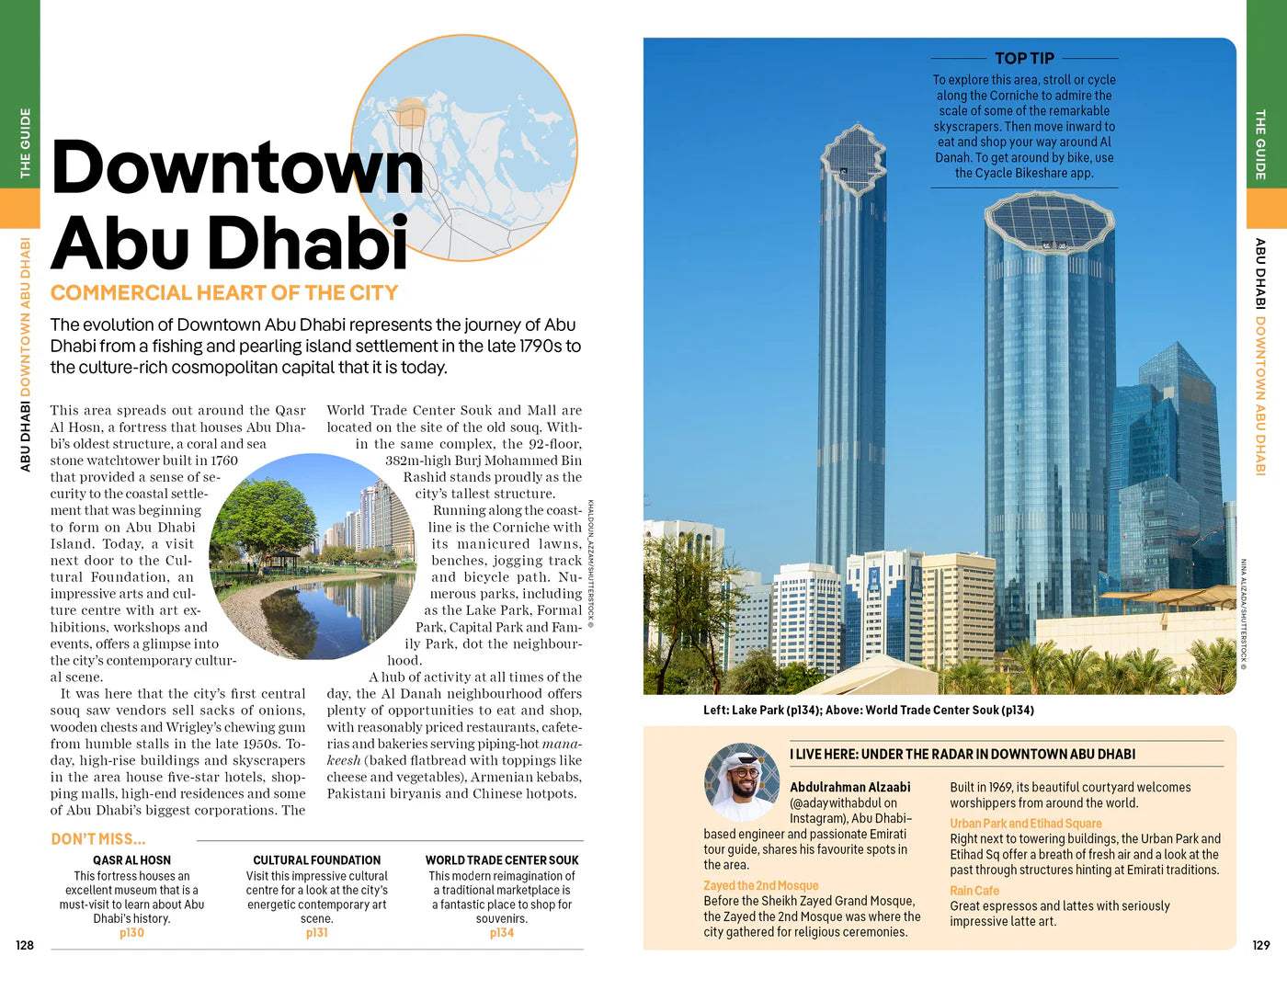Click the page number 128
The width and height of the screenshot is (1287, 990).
[x=25, y=945]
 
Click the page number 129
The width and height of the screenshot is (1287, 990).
[x=1260, y=945]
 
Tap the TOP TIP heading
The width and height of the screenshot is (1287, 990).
[x=1024, y=58]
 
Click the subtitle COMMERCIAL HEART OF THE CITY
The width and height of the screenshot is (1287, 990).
[x=224, y=293]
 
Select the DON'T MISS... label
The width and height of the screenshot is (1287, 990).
[x=98, y=839]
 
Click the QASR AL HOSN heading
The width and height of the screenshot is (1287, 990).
[x=131, y=860]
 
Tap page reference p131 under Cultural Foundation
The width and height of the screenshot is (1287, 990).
[x=316, y=933]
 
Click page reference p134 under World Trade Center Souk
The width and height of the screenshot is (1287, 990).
[x=501, y=933]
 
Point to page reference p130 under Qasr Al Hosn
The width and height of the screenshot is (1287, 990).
[x=131, y=933]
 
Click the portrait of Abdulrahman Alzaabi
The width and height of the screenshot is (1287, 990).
[x=742, y=782]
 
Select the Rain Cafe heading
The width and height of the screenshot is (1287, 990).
[x=974, y=891]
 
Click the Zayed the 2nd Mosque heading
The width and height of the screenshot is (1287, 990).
[x=760, y=885]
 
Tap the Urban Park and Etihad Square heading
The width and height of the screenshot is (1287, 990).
[x=1025, y=824]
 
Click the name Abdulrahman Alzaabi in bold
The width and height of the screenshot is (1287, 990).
[x=849, y=787]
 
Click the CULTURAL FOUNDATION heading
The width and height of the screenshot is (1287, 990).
[x=316, y=860]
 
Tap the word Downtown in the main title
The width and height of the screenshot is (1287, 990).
[x=237, y=168]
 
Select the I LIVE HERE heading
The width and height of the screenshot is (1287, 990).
[x=962, y=754]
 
